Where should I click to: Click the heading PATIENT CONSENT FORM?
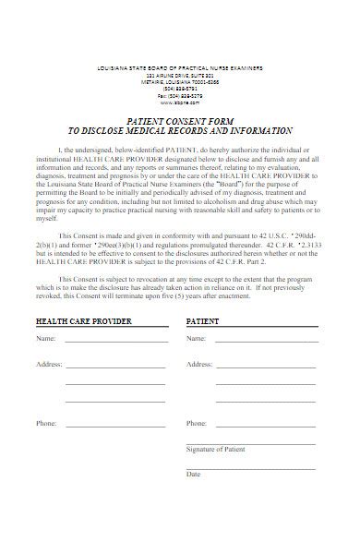click(x=181, y=120)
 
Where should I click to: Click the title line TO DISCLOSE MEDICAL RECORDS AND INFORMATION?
click(x=181, y=131)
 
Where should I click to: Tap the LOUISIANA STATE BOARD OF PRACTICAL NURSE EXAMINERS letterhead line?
click(x=181, y=69)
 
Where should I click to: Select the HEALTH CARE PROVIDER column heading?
click(x=84, y=321)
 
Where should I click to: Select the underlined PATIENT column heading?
click(x=202, y=321)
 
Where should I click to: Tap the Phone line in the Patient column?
click(x=268, y=426)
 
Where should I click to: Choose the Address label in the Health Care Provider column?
click(x=49, y=364)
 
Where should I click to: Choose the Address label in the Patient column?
click(x=199, y=364)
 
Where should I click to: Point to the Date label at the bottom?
click(x=194, y=473)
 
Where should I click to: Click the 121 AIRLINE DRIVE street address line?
click(x=181, y=75)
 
